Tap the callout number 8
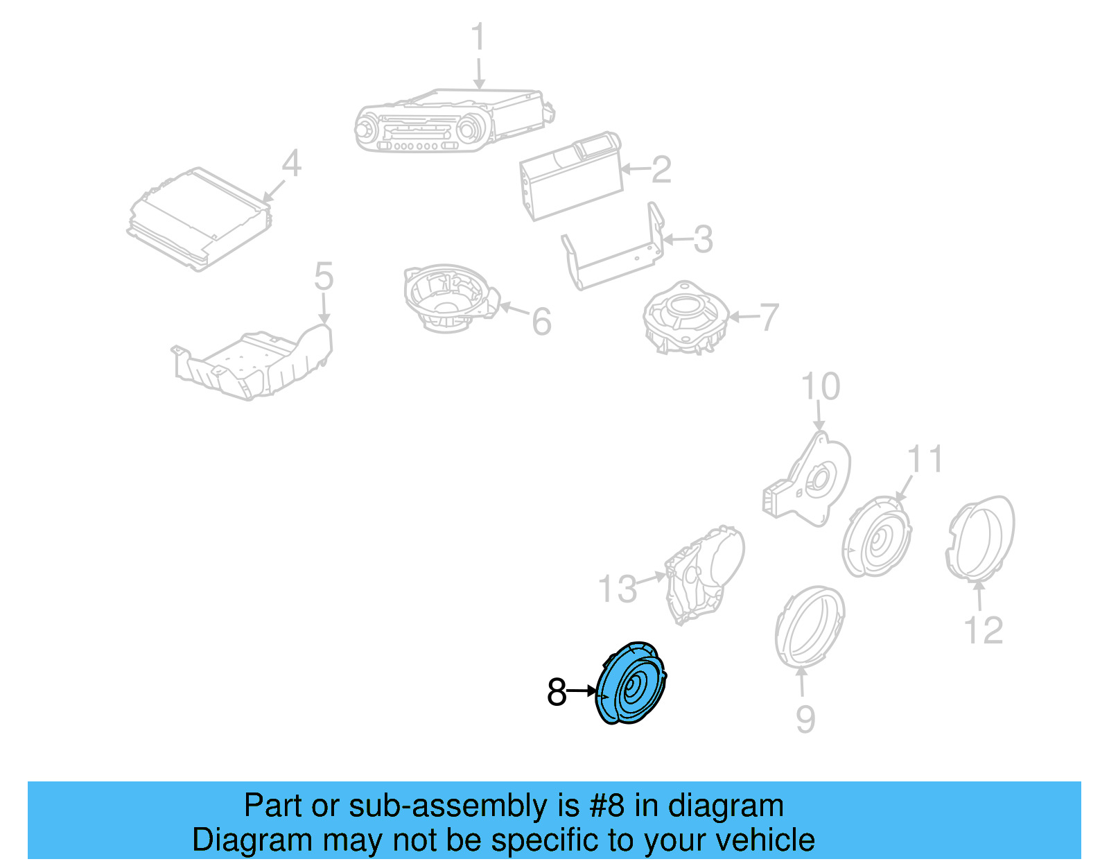[557, 693]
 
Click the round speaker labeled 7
[685, 318]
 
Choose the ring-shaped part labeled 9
[809, 626]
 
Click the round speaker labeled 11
[877, 537]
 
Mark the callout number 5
[324, 277]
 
